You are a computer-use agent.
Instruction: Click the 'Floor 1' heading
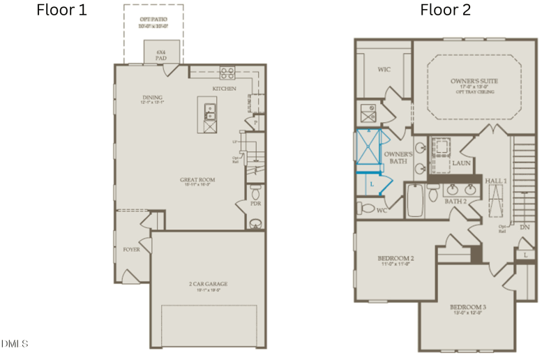pyautogui.click(x=61, y=11)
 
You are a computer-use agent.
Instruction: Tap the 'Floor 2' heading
pyautogui.click(x=445, y=10)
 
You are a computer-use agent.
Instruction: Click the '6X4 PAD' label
pyautogui.click(x=161, y=54)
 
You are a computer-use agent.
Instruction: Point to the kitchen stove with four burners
pyautogui.click(x=227, y=71)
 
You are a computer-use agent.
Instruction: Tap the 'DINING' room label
pyautogui.click(x=151, y=98)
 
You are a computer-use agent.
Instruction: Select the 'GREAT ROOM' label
pyautogui.click(x=197, y=179)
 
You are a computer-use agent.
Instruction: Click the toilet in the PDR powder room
pyautogui.click(x=255, y=190)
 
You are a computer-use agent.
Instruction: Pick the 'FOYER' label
pyautogui.click(x=131, y=249)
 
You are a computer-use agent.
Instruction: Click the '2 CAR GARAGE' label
pyautogui.click(x=208, y=284)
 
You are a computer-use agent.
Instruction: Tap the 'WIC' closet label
pyautogui.click(x=383, y=70)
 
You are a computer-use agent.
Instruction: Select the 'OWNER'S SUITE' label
pyautogui.click(x=474, y=81)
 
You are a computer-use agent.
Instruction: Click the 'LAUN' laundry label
pyautogui.click(x=461, y=163)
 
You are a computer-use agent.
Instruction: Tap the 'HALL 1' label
pyautogui.click(x=496, y=180)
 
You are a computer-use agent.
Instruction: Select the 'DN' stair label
pyautogui.click(x=524, y=227)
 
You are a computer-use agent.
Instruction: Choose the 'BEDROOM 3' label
pyautogui.click(x=467, y=307)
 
